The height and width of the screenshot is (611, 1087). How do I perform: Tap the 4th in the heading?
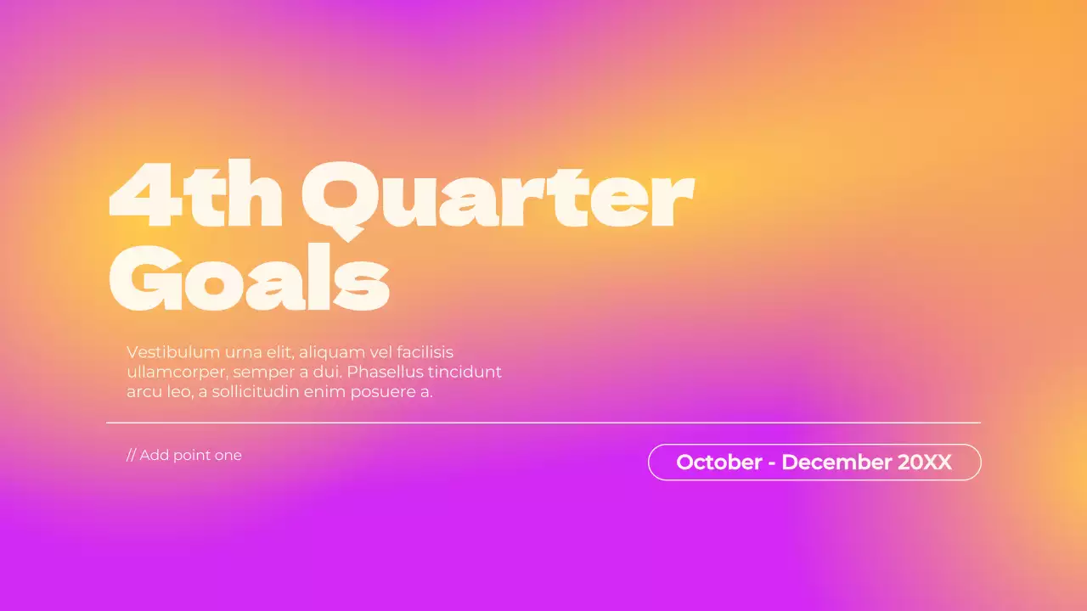[x=195, y=194]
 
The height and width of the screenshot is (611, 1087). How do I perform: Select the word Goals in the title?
[x=250, y=277]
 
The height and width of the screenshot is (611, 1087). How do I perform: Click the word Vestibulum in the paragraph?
[x=173, y=352]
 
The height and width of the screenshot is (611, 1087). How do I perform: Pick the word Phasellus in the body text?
[x=385, y=372]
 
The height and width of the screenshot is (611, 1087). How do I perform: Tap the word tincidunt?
[x=465, y=372]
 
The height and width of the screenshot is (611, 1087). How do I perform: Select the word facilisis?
[x=425, y=352]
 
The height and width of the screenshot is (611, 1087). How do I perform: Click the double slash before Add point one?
[x=131, y=456]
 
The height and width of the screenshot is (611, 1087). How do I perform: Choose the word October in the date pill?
[x=719, y=462]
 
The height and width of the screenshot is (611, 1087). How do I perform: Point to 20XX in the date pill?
[x=925, y=462]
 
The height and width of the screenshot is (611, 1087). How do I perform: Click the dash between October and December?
[x=772, y=464]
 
